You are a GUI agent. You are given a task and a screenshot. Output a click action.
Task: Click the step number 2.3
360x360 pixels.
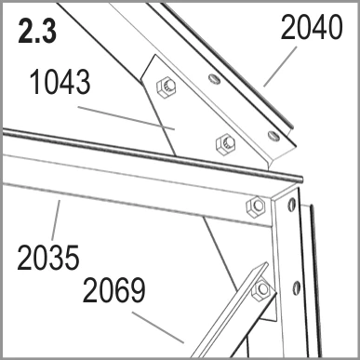(37, 32)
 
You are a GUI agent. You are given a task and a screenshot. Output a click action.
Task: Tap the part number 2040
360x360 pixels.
(312, 27)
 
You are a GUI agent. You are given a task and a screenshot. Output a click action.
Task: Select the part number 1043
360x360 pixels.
(60, 82)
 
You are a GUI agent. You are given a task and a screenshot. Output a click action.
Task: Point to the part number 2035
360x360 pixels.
(48, 258)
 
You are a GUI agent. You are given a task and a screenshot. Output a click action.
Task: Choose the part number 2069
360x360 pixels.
(113, 290)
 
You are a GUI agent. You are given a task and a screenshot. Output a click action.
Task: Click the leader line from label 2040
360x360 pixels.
(280, 67)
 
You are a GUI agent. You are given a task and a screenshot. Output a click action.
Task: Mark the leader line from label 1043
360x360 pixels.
(127, 118)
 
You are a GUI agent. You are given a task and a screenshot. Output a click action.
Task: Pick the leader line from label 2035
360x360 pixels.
(56, 220)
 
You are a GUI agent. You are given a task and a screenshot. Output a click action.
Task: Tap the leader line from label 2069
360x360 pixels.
(158, 327)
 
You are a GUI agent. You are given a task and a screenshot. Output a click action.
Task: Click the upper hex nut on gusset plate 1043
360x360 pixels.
(167, 87)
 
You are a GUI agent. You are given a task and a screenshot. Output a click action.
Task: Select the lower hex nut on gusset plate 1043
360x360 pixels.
(225, 144)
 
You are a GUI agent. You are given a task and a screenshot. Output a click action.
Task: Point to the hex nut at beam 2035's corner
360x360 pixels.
(256, 206)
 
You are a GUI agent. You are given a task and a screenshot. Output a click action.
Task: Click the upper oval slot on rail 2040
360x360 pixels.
(215, 79)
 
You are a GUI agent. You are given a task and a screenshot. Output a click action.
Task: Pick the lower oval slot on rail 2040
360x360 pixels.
(273, 136)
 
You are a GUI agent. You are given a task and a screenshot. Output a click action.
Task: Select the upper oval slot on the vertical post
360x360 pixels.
(291, 205)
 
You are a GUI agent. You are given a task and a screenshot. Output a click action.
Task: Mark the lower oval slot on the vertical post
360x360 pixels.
(296, 288)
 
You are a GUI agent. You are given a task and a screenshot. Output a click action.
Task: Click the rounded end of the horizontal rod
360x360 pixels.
(300, 180)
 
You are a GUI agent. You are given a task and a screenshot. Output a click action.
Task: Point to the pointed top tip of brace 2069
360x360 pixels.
(266, 263)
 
